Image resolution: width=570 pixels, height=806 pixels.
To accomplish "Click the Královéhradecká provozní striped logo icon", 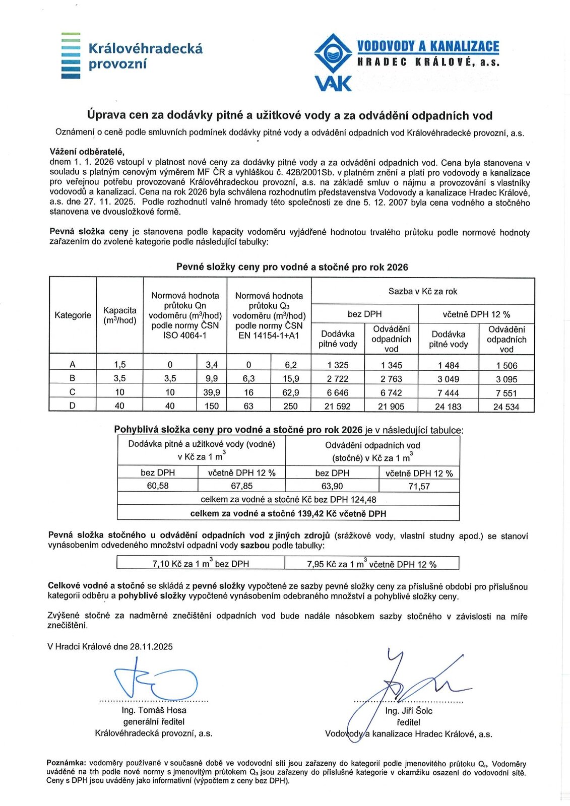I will coord(71,55).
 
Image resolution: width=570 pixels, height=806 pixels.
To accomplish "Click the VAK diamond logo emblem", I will coord(332,54).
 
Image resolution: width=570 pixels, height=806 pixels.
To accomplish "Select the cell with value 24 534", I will coord(506,407).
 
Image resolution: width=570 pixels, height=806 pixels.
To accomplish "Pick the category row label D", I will coord(73,406).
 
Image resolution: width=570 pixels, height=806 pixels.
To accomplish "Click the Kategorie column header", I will coord(73,315).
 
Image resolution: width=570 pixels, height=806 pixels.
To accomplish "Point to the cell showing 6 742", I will coord(391,392).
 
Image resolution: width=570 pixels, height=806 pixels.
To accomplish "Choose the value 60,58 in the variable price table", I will coord(158,486).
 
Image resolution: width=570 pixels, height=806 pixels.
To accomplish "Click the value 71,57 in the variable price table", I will coord(419,486).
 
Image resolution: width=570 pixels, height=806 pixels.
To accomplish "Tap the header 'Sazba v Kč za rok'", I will coord(423,291).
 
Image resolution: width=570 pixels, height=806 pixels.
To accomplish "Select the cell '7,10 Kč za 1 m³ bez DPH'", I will coord(201,564).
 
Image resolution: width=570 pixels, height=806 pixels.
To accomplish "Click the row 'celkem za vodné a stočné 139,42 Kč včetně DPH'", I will coord(288,513).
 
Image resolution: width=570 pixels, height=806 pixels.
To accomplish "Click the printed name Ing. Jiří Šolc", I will coord(409,711).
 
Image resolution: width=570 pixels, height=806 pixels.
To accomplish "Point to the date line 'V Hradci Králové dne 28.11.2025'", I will coord(110,647).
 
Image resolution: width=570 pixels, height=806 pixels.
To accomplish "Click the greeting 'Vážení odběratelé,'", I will coord(87,152).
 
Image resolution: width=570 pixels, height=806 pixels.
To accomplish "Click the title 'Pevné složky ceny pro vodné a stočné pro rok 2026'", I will coord(292,267).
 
